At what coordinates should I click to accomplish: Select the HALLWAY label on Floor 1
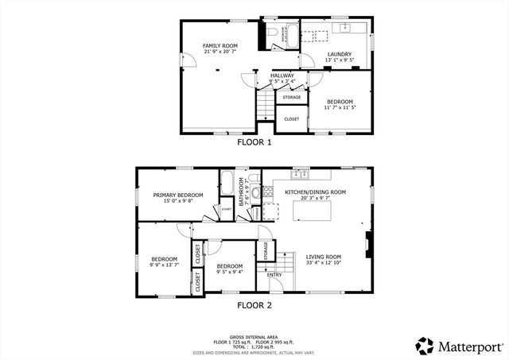282,75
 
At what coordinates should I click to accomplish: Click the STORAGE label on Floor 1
292,97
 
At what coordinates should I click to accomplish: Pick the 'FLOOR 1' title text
254,143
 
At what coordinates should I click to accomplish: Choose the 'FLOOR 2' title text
254,304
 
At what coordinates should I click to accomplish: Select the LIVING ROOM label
323,257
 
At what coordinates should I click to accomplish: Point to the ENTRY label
274,275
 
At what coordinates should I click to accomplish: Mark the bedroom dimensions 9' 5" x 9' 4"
230,272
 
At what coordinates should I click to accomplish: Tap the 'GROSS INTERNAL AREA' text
254,337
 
